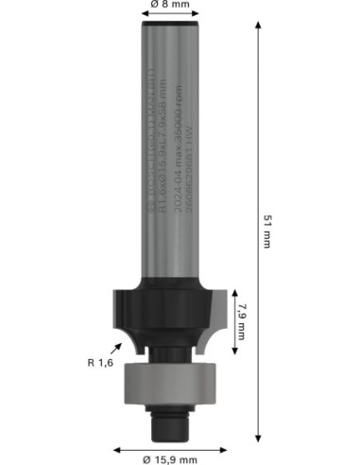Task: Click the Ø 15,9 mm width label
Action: pyautogui.click(x=170, y=458)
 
